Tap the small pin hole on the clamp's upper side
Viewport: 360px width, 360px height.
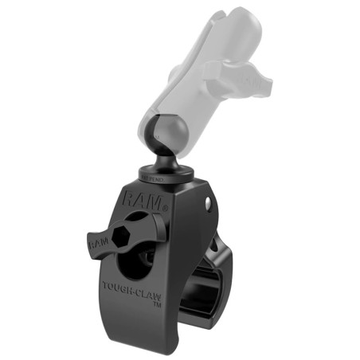pyautogui.click(x=208, y=205)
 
